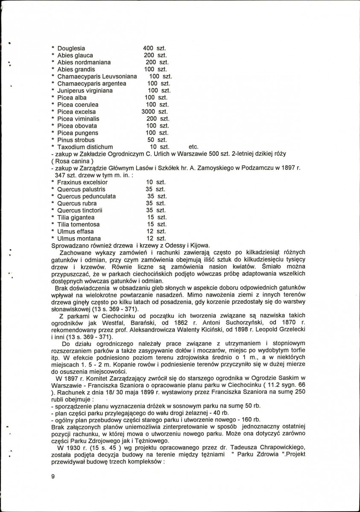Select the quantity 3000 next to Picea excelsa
pyautogui.click(x=149, y=112)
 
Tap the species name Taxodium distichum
pyautogui.click(x=85, y=147)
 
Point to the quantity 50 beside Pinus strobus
pyautogui.click(x=150, y=140)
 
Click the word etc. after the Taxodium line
pyautogui.click(x=193, y=147)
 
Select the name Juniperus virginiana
pyautogui.click(x=85, y=90)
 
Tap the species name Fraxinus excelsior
pyautogui.click(x=82, y=182)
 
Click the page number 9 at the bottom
pyautogui.click(x=53, y=477)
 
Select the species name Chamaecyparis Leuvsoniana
pyautogui.click(x=97, y=76)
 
